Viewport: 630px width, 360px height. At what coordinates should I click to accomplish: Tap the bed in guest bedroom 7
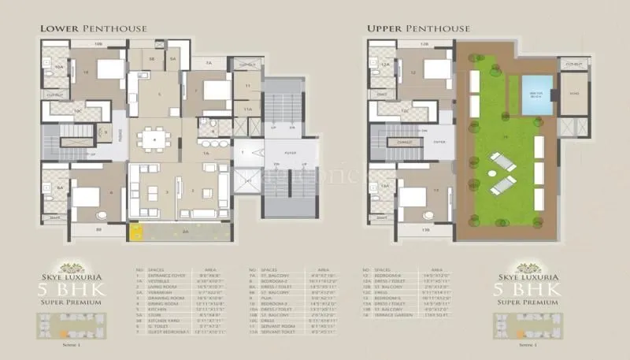click(215, 89)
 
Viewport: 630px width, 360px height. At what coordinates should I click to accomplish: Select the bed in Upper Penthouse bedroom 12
click(435, 69)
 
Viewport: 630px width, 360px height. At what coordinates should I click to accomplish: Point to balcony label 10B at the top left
click(98, 45)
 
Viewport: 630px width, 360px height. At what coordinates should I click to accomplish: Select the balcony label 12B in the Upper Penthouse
click(424, 45)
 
